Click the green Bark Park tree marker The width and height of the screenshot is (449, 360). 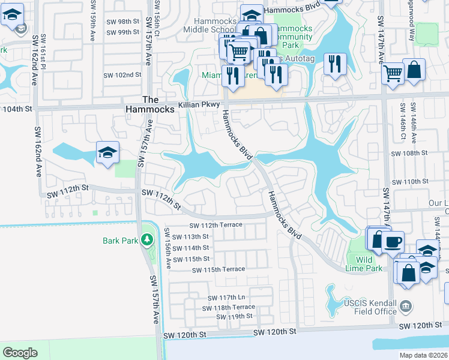click(146, 241)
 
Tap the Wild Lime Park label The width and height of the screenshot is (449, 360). click(364, 265)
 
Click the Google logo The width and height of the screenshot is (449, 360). click(20, 353)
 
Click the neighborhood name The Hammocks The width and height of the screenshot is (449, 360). click(150, 104)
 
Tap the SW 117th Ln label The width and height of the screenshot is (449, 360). click(227, 298)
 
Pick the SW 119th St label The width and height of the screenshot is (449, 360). click(234, 316)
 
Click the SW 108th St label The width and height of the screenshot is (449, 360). click(409, 153)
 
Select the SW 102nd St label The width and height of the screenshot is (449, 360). click(122, 75)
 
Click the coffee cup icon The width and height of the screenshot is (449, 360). click(393, 242)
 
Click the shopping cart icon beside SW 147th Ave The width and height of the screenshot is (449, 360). click(393, 74)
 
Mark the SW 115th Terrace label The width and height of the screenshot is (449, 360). click(218, 270)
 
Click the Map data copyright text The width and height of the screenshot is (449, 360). click(423, 355)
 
